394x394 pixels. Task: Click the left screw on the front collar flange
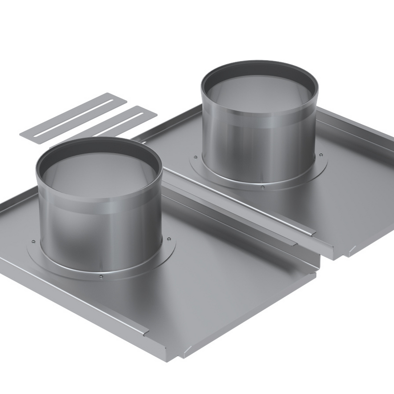coord(33,242)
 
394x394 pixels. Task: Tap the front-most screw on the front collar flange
coord(100,276)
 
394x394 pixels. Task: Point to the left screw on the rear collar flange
coord(196,157)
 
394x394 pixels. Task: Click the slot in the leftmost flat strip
coord(74,115)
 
